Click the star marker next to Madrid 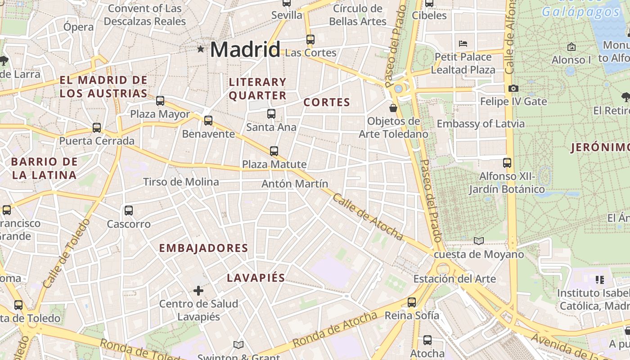200,49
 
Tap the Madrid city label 245,49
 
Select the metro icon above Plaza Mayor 160,101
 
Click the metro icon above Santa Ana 271,114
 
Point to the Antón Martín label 295,184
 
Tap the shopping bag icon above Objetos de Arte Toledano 393,108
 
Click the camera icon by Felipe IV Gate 513,89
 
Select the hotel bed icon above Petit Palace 463,44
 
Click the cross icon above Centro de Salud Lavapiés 198,291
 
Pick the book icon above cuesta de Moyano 479,241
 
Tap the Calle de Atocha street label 367,216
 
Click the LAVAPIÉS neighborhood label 256,278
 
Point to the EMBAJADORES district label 203,248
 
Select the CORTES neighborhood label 327,102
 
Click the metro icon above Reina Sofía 412,302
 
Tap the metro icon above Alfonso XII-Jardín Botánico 507,163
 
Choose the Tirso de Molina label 181,182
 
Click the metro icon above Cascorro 129,210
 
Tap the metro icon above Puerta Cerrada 97,128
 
